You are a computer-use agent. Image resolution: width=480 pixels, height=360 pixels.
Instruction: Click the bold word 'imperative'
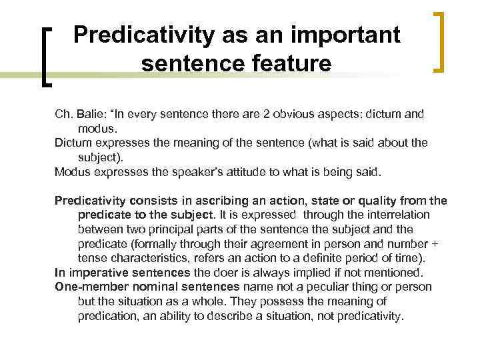click(97, 272)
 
